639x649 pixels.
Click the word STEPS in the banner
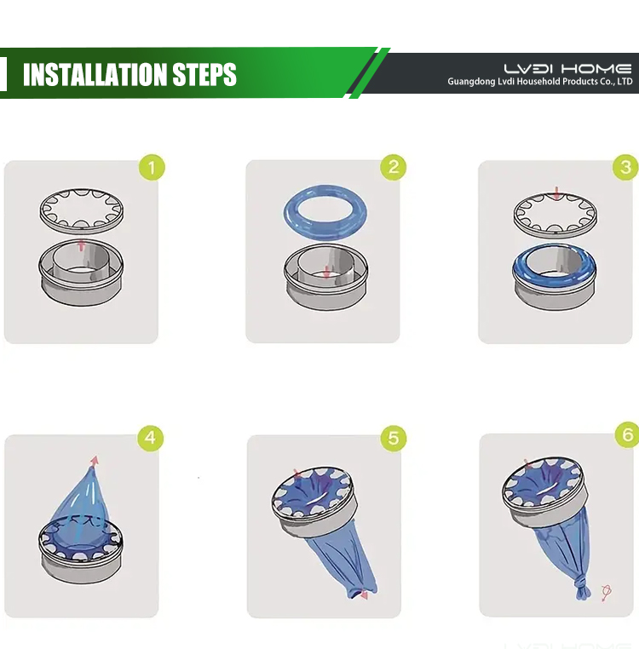204,74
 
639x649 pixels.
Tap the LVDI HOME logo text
567,69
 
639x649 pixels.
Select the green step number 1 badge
152,168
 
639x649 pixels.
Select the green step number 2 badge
394,167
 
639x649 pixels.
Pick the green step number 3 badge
625,167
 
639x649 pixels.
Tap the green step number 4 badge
151,438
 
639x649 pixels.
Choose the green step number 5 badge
394,439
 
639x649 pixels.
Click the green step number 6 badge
627,434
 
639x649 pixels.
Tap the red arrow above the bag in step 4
95,462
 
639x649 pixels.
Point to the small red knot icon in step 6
607,593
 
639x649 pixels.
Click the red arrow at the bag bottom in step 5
363,594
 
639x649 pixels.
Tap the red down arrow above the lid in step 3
556,192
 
